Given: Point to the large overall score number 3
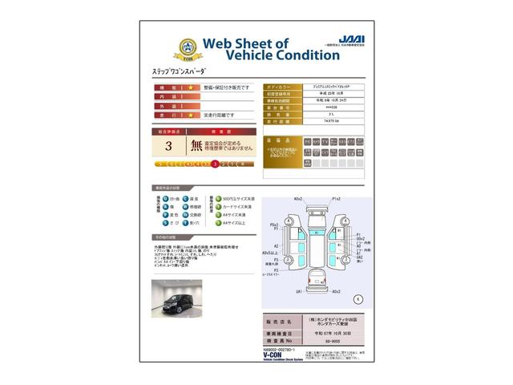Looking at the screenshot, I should [x=168, y=147].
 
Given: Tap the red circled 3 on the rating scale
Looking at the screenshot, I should [x=215, y=164].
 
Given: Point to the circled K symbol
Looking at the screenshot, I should [x=357, y=298].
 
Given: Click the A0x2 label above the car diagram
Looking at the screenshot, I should [x=299, y=198].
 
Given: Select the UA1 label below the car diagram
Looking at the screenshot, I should [x=299, y=291].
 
